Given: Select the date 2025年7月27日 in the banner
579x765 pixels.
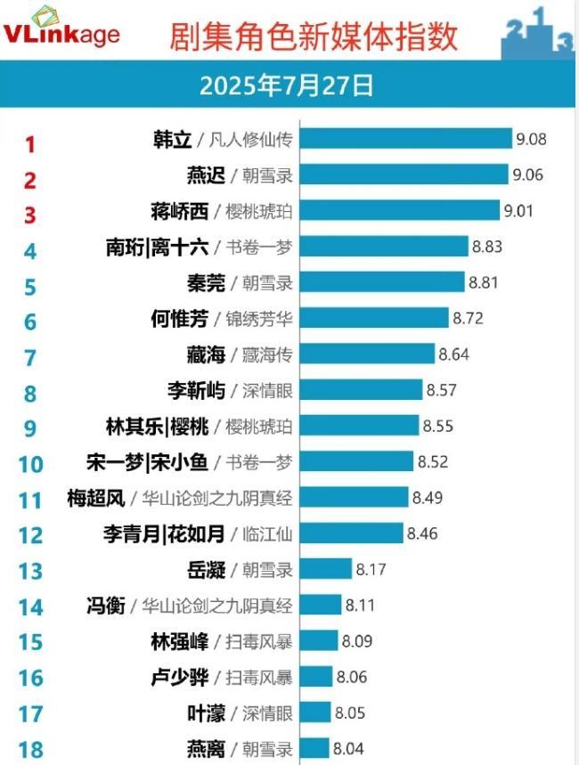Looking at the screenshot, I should (x=287, y=86).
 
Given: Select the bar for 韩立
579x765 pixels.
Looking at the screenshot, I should (x=406, y=140).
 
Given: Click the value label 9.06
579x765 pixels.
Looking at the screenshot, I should (x=526, y=175).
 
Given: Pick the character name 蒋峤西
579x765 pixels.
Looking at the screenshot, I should (x=181, y=211).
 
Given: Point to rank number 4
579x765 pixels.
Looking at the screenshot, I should (x=30, y=250).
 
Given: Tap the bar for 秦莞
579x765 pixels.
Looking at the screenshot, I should (x=383, y=283).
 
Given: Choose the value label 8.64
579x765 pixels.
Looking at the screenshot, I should (x=454, y=355).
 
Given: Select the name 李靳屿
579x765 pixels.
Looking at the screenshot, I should (x=195, y=390).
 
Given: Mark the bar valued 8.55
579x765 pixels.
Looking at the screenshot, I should (x=360, y=427).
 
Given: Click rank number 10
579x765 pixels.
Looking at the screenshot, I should (x=30, y=464).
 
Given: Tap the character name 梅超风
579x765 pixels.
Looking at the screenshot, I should (x=95, y=498).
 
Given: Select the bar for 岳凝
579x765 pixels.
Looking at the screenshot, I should (x=326, y=570).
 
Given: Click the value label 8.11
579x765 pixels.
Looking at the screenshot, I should (x=359, y=606).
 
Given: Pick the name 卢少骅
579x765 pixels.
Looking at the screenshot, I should (x=181, y=677).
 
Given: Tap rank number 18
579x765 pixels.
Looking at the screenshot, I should (x=30, y=750).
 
